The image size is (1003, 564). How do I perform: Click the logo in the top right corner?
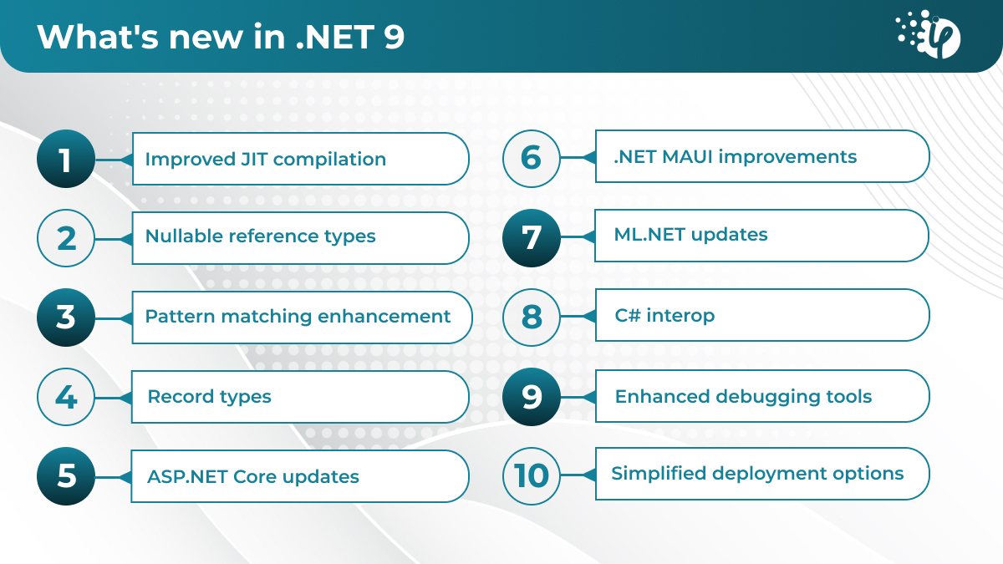[x=929, y=34]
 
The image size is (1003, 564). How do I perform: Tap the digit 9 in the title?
[x=394, y=37]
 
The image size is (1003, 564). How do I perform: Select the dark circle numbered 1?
[x=66, y=159]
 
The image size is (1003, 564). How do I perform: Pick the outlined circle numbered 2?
[x=66, y=238]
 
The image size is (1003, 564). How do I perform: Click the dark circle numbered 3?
[x=66, y=318]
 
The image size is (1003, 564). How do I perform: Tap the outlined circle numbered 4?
[x=66, y=397]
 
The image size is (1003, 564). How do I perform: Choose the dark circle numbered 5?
[x=66, y=475]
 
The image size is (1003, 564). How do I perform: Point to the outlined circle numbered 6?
[x=532, y=158]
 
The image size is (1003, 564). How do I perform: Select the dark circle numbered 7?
[x=532, y=237]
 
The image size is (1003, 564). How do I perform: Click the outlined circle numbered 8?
[x=532, y=317]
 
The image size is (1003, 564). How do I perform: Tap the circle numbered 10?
[x=532, y=475]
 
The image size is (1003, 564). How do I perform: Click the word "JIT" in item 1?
[x=254, y=159]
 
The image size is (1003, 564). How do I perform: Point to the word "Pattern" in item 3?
[x=180, y=316]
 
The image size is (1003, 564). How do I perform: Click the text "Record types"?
[x=209, y=397]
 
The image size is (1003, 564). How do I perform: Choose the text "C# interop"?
[x=664, y=315]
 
